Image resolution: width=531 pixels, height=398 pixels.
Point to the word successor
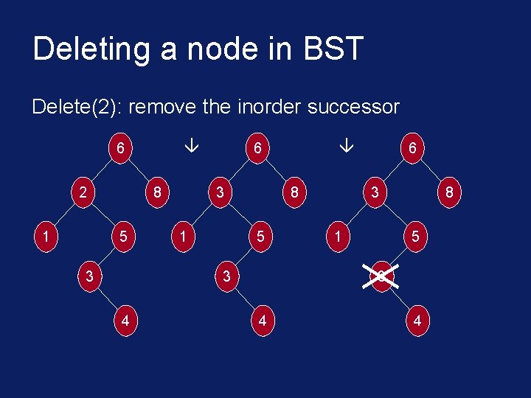pyautogui.click(x=353, y=108)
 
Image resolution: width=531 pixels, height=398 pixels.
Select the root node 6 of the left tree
pyautogui.click(x=120, y=148)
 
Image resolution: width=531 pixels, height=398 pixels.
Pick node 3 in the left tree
pyautogui.click(x=88, y=277)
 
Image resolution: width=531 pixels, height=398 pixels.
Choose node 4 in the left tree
pyautogui.click(x=125, y=321)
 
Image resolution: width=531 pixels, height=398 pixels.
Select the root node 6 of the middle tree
pyautogui.click(x=257, y=148)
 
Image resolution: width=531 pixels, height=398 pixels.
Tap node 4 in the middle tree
pyautogui.click(x=262, y=321)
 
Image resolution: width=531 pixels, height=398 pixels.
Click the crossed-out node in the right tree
pyautogui.click(x=381, y=277)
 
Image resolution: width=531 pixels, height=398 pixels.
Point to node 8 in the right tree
pyautogui.click(x=448, y=193)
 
